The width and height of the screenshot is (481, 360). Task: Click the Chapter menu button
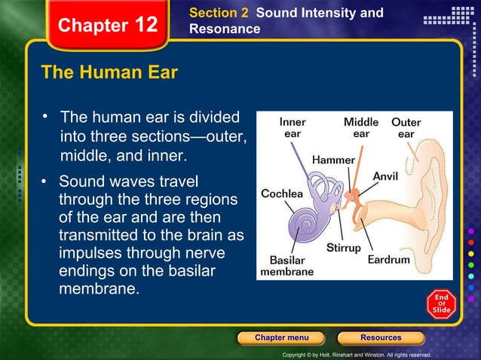pos(281,337)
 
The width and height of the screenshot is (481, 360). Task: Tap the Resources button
pos(381,337)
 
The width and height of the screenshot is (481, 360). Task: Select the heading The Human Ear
pos(109,73)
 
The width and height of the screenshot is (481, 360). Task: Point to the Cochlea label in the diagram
pos(282,194)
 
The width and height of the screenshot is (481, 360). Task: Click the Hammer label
pos(333,160)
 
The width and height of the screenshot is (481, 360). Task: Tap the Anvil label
pos(385,175)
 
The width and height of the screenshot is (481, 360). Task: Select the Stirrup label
pos(343,247)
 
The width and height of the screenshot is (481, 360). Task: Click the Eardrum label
pos(389,259)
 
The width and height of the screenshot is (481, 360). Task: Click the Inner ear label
pos(293,127)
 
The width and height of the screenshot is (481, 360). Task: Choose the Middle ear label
pos(361,127)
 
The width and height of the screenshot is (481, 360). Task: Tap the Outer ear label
pos(406,127)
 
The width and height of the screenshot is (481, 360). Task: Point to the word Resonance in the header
pos(225,29)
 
